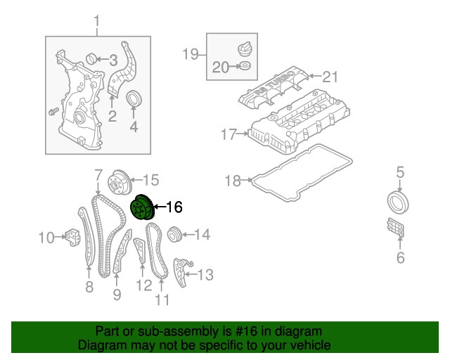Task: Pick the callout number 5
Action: tap(400, 171)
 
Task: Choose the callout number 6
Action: tap(400, 258)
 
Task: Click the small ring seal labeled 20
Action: tap(244, 67)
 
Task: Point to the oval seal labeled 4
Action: tap(134, 101)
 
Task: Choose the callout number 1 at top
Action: tap(98, 26)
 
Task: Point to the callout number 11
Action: tap(162, 301)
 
